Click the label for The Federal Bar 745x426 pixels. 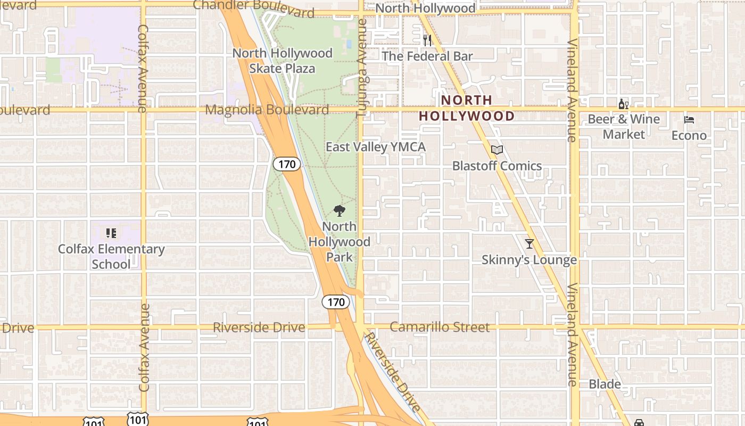tap(427, 56)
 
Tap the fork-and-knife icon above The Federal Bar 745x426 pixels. tap(427, 40)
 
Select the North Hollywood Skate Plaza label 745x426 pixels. tap(282, 61)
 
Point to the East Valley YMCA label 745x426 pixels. tap(375, 147)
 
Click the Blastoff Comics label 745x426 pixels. tap(496, 166)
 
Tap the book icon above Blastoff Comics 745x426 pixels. tap(496, 150)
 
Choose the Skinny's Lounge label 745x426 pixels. tap(529, 260)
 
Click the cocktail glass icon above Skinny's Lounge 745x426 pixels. tap(529, 244)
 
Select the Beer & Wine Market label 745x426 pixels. tap(624, 127)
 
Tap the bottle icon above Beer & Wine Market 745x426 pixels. tap(623, 104)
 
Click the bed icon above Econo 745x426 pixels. tap(689, 120)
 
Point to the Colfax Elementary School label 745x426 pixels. tap(111, 257)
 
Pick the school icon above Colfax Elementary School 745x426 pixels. tap(111, 233)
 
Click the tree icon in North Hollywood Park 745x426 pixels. tap(339, 210)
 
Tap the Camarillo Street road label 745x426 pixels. tap(440, 327)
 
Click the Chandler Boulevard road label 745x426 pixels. tap(253, 7)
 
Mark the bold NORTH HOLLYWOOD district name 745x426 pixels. tap(467, 108)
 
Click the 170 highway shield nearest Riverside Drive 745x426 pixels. tap(336, 302)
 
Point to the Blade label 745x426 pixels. tap(605, 384)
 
